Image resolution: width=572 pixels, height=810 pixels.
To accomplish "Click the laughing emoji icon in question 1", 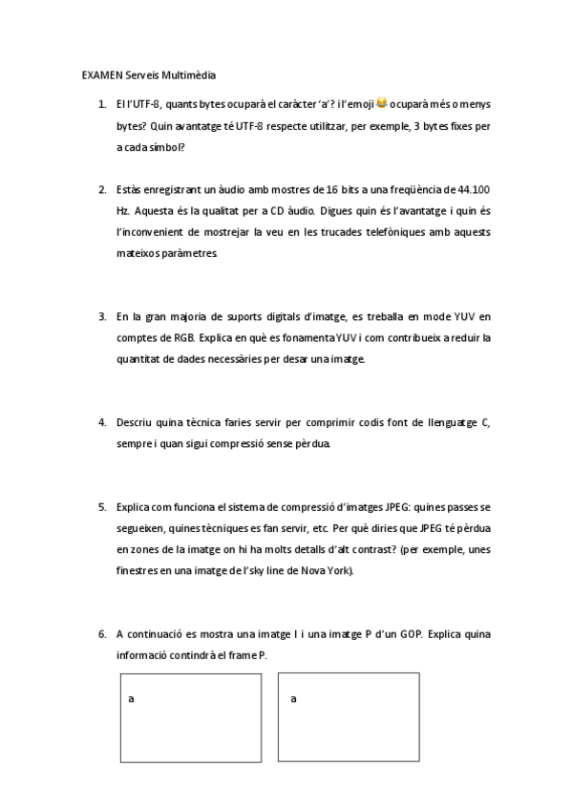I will click(x=382, y=102).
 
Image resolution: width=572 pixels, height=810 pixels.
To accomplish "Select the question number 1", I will click(x=102, y=103).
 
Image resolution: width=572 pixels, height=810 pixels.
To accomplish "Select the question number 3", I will click(x=102, y=316).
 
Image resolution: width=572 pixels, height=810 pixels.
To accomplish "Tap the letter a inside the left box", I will click(x=131, y=698).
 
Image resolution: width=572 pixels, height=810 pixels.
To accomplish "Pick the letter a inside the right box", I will click(x=293, y=698).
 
